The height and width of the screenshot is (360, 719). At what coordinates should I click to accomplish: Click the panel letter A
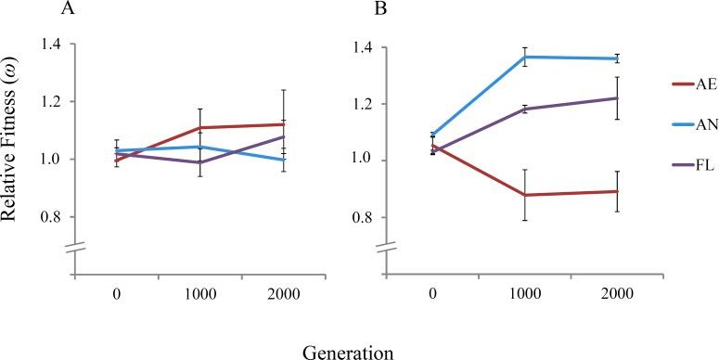click(x=67, y=10)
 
